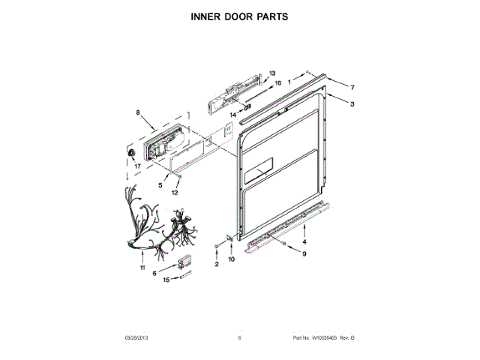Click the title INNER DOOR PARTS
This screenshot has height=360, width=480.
tap(239, 16)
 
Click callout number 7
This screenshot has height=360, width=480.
tap(351, 87)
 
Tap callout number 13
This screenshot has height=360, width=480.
tap(272, 64)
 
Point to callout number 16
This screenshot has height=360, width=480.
tap(277, 83)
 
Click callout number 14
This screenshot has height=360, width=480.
tap(233, 114)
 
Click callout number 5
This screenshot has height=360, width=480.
tap(159, 184)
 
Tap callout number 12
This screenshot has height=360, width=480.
tap(175, 192)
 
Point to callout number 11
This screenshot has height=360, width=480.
tap(142, 267)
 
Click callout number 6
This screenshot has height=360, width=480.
tap(155, 274)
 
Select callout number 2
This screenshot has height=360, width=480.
tap(216, 265)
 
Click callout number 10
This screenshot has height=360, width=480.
tap(231, 259)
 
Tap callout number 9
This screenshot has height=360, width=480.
tap(304, 254)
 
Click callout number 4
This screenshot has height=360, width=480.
tap(304, 241)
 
